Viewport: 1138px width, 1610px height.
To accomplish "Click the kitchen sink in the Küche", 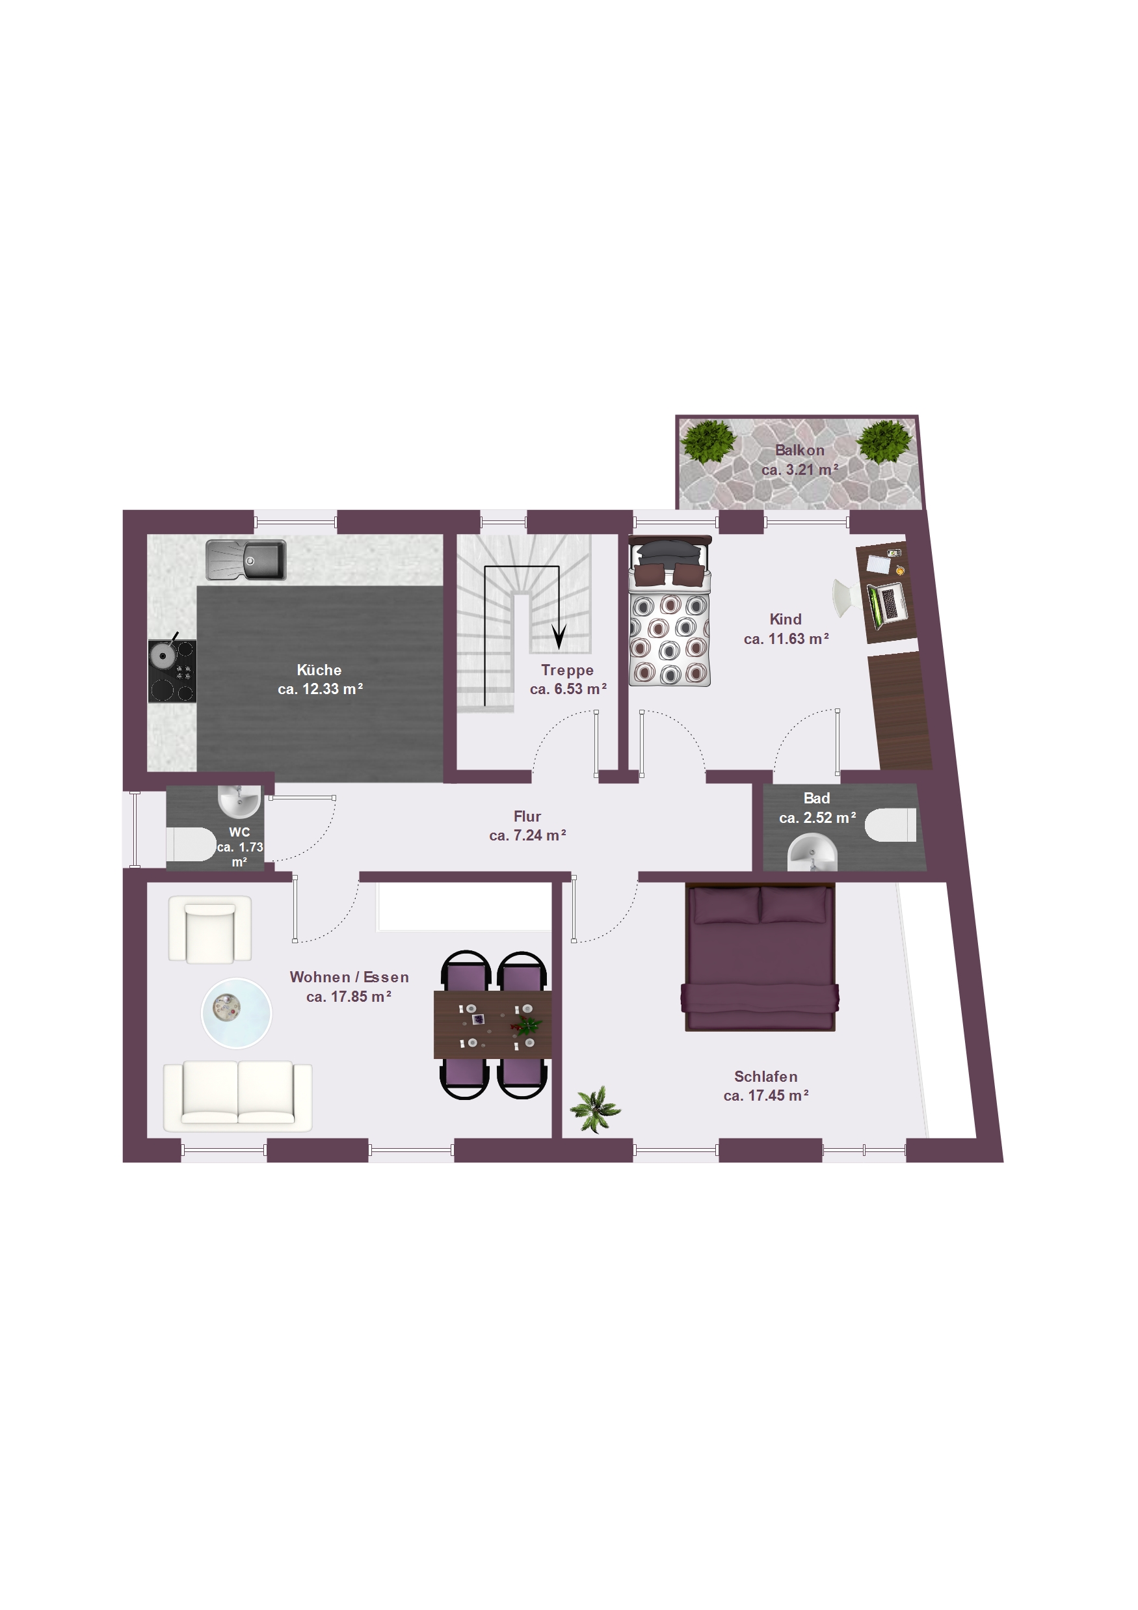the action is (x=245, y=559).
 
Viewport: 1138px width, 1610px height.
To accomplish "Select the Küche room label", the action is (x=319, y=669).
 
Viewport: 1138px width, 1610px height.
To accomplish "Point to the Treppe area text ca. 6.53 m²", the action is (x=568, y=690).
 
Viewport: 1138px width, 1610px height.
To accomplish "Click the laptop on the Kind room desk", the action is (x=888, y=603).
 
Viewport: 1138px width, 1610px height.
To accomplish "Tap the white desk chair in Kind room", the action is (x=843, y=597).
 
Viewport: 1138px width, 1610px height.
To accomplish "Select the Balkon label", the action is (x=799, y=450).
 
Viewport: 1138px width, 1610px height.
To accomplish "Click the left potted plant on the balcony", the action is (x=708, y=441).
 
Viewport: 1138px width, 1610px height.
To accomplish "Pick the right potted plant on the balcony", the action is (x=885, y=441).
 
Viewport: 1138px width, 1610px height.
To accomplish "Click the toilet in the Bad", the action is (x=890, y=825).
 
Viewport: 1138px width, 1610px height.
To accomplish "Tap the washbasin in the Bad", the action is (x=813, y=852).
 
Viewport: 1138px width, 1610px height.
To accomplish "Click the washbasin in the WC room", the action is (x=239, y=801).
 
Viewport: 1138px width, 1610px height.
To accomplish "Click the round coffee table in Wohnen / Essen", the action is (x=236, y=1013).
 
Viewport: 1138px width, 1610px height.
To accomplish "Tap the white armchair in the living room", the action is (x=209, y=928).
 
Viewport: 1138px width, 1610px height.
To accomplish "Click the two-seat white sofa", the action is (x=238, y=1095).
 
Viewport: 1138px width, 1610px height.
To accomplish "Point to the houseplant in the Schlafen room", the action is (x=594, y=1109).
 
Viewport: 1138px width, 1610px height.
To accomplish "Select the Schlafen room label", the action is (x=765, y=1077).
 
